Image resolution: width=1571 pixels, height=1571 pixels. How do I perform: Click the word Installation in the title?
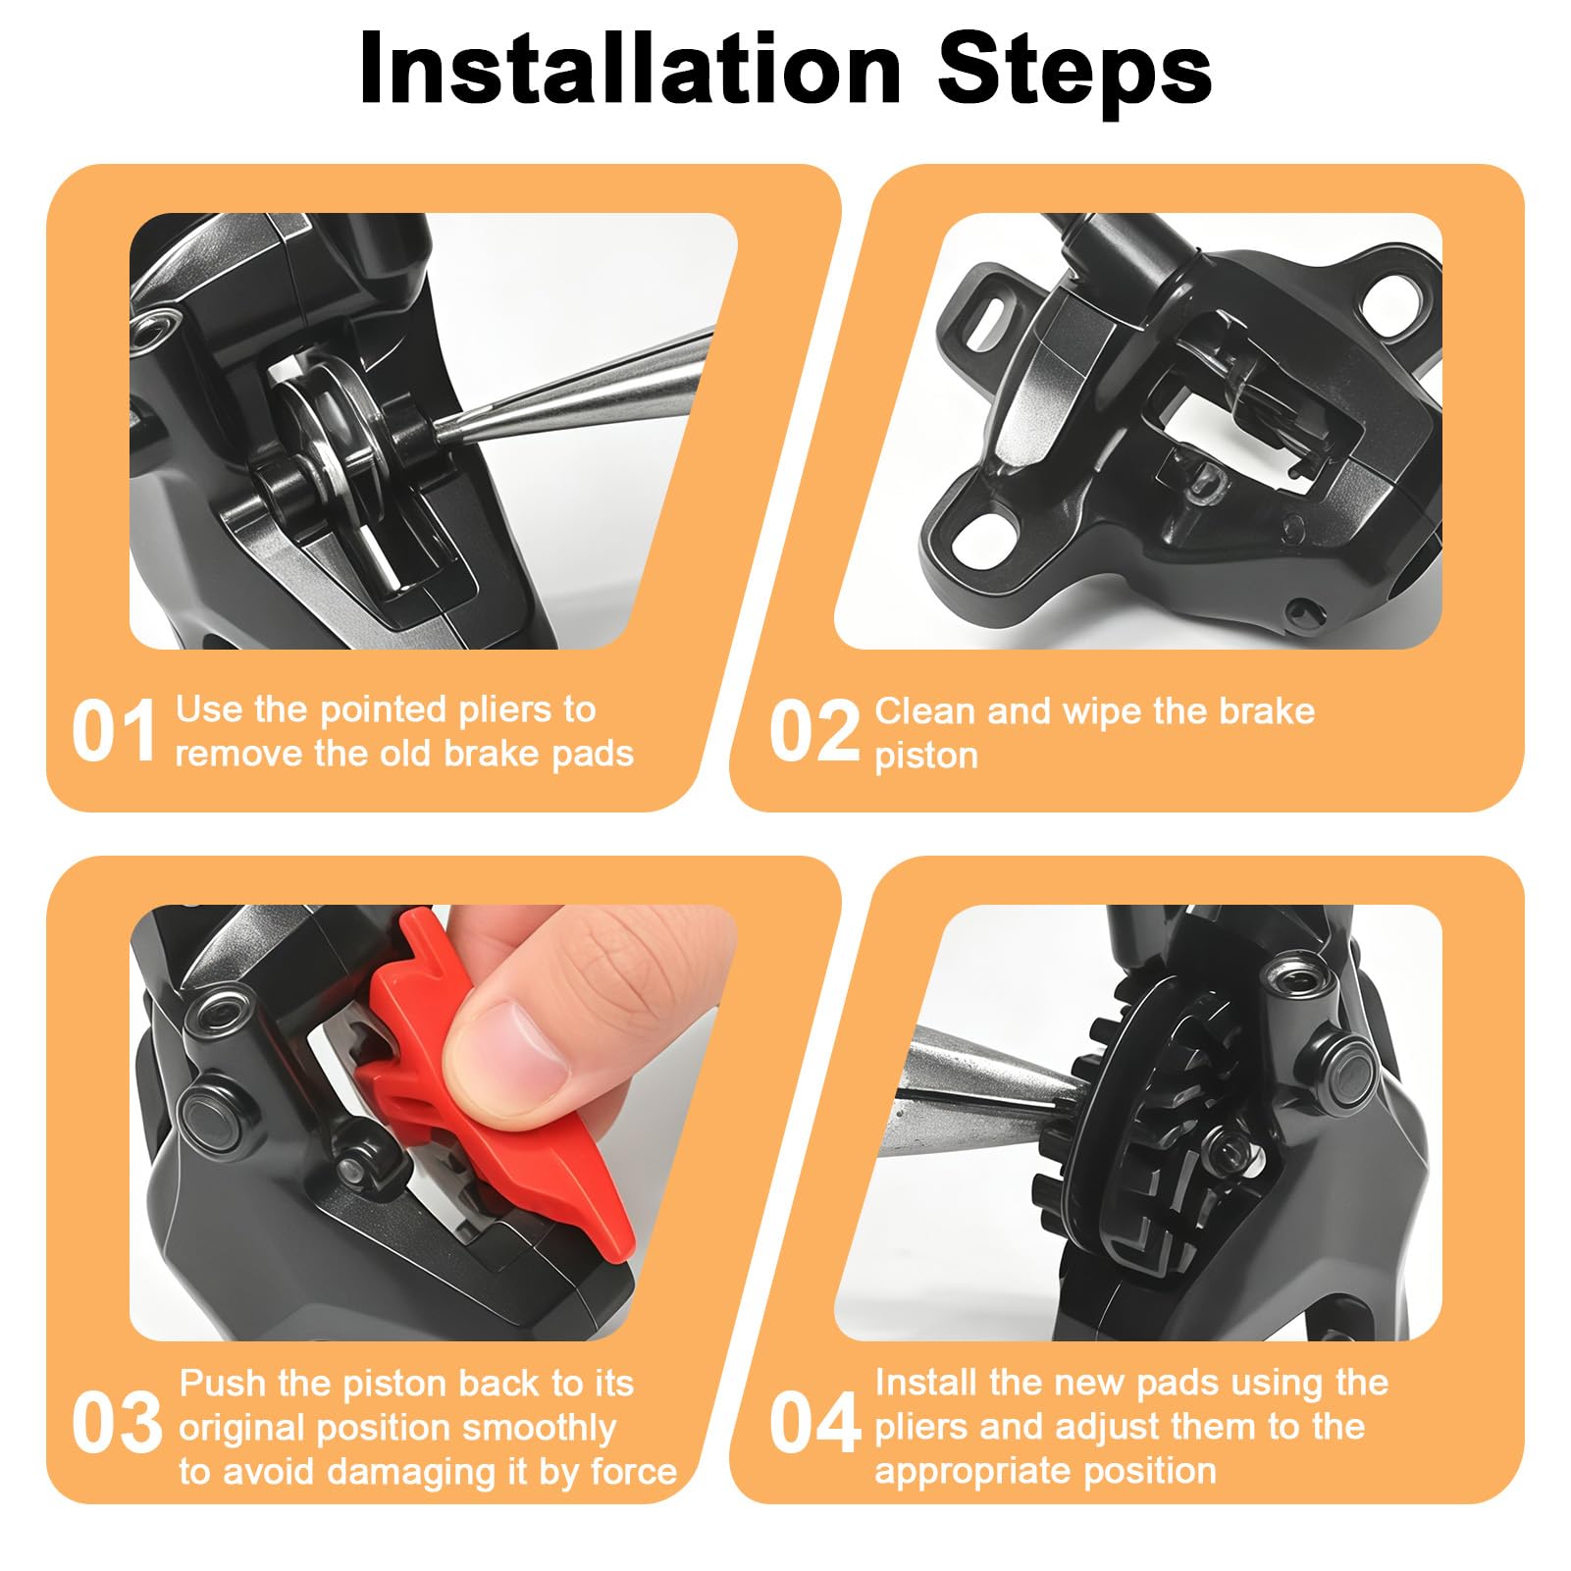630,68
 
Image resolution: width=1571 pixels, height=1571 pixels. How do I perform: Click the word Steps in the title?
1074,69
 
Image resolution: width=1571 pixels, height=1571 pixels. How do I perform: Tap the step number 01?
114,731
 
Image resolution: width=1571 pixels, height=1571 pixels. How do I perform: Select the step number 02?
814,731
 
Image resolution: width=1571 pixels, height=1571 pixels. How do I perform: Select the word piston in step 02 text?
926,757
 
